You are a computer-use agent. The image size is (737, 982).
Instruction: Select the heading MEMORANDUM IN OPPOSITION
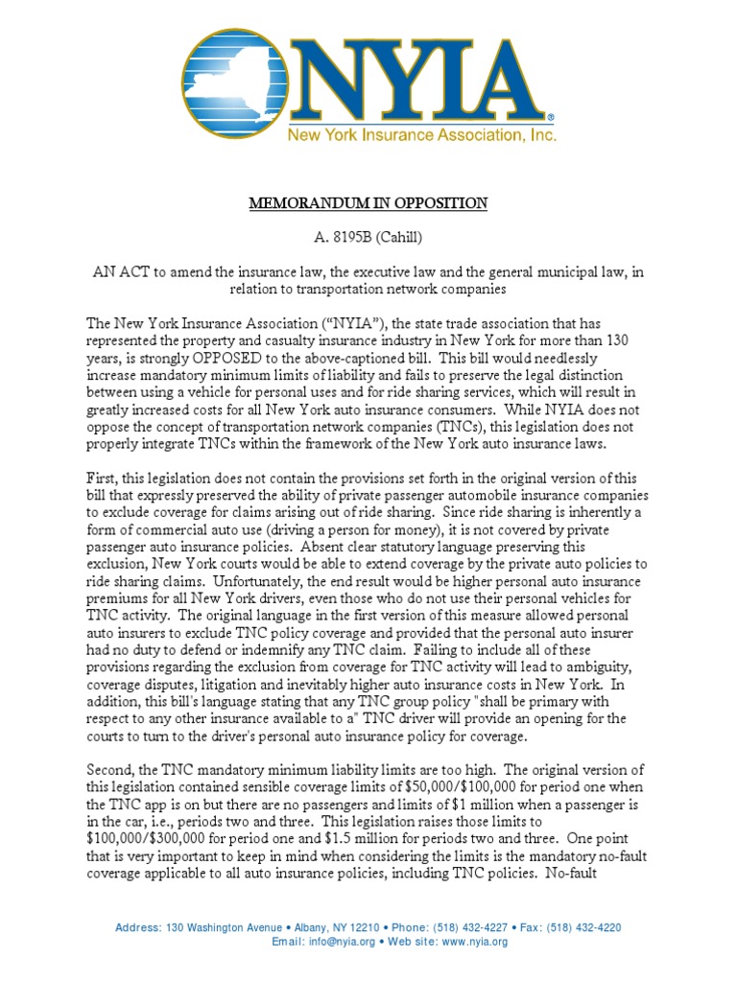click(x=368, y=203)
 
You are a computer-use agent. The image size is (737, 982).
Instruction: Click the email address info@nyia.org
click(x=346, y=942)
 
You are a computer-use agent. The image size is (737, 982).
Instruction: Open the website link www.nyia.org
click(x=476, y=942)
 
